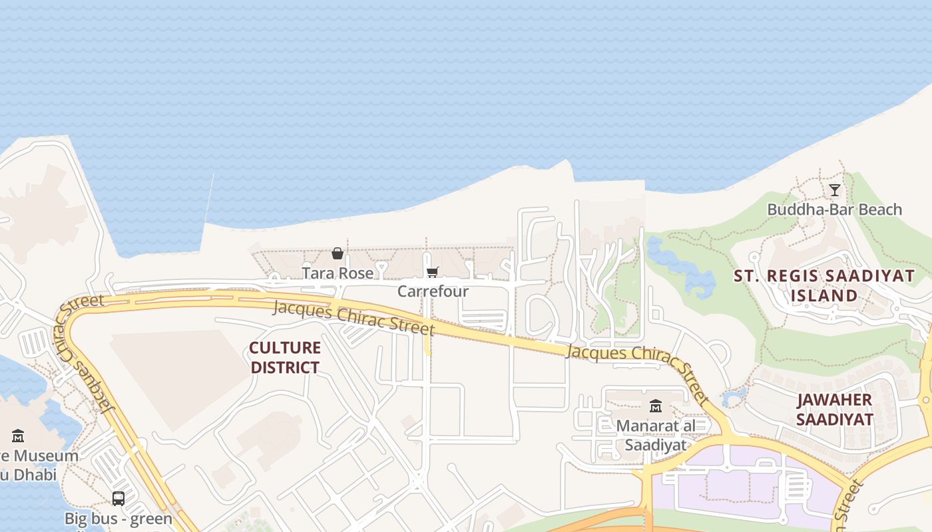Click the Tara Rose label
click(338, 273)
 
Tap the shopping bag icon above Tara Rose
click(338, 253)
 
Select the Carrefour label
click(433, 291)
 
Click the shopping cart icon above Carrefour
click(433, 272)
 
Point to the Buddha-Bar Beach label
click(834, 209)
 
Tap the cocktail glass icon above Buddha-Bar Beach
click(834, 190)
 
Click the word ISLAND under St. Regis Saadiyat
click(824, 295)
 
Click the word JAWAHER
click(834, 400)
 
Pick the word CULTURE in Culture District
click(285, 348)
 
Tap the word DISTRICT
click(285, 367)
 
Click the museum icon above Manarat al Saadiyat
click(656, 406)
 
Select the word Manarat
click(647, 426)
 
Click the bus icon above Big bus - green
click(118, 498)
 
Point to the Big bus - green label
click(118, 518)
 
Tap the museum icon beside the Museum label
click(18, 436)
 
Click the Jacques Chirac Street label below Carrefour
click(353, 317)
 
